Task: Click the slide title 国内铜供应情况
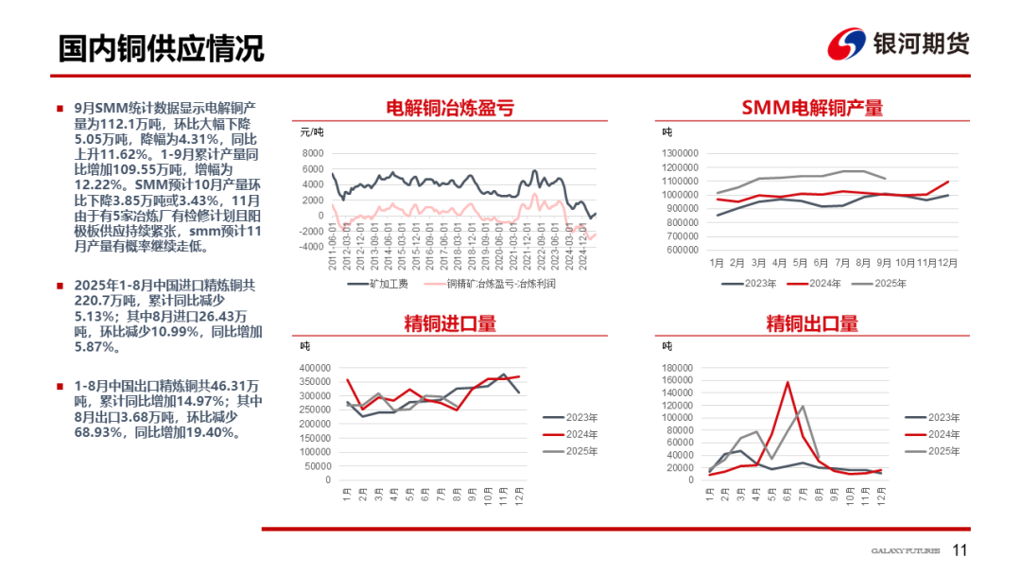161,48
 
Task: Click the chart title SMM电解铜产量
812,108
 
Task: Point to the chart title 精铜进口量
450,323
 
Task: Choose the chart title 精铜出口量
812,323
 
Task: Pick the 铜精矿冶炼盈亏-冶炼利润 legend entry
502,284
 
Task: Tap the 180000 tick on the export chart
678,368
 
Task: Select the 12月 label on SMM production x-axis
948,262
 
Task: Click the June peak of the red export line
787,382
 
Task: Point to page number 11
960,551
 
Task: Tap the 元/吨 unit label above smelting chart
312,131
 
